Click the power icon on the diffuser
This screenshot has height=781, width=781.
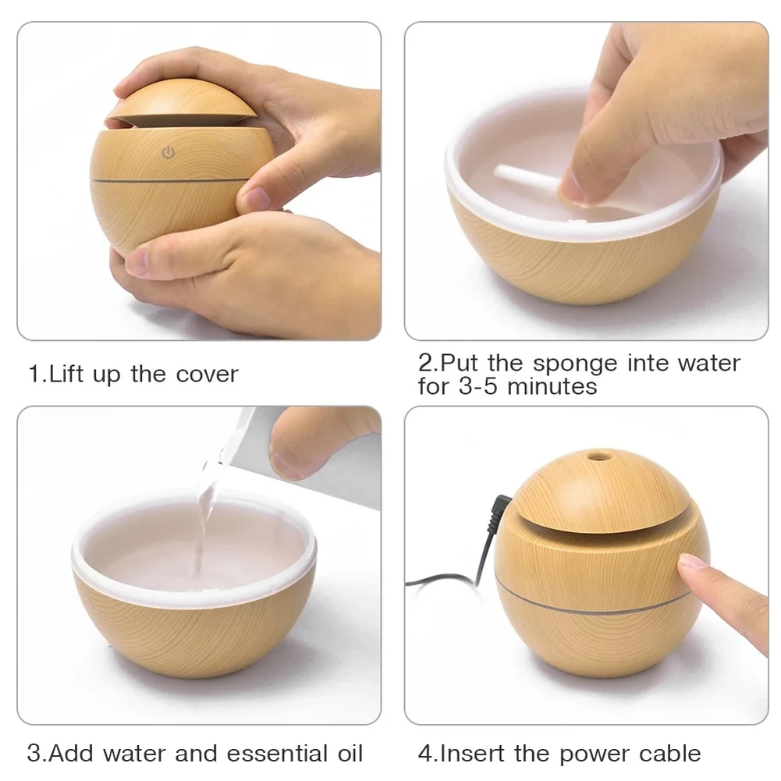[x=168, y=153]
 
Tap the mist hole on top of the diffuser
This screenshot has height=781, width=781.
[x=598, y=453]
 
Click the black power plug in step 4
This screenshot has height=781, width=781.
[x=500, y=508]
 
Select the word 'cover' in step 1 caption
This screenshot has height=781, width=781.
[x=206, y=374]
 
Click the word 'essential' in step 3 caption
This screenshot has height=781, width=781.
[x=268, y=754]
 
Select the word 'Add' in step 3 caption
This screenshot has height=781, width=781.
[x=73, y=754]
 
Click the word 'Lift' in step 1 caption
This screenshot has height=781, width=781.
[x=66, y=374]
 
